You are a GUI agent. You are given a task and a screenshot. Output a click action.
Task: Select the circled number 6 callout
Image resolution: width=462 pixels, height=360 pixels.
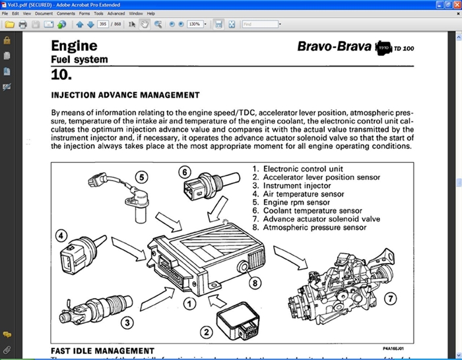[185, 171]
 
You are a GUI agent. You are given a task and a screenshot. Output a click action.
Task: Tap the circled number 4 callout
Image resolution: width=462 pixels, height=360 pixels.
[61, 235]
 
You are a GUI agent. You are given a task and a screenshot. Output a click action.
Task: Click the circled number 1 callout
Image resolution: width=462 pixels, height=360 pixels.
[189, 303]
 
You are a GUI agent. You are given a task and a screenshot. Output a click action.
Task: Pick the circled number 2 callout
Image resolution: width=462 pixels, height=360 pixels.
[206, 332]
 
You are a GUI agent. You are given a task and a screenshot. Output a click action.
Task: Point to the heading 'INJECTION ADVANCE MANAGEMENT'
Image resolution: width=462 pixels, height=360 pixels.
[125, 95]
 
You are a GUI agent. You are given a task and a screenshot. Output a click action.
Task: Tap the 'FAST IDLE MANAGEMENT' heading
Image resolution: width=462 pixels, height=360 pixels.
[102, 351]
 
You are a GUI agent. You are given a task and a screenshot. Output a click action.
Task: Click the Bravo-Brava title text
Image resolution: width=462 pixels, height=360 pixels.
[335, 46]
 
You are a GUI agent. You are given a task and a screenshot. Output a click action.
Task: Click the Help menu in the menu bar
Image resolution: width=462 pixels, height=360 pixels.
[151, 13]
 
